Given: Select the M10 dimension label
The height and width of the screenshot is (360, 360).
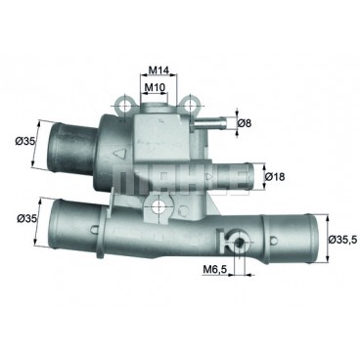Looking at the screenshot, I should pos(155,87).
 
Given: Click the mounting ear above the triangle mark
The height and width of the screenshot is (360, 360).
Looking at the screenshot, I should pos(122,100).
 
